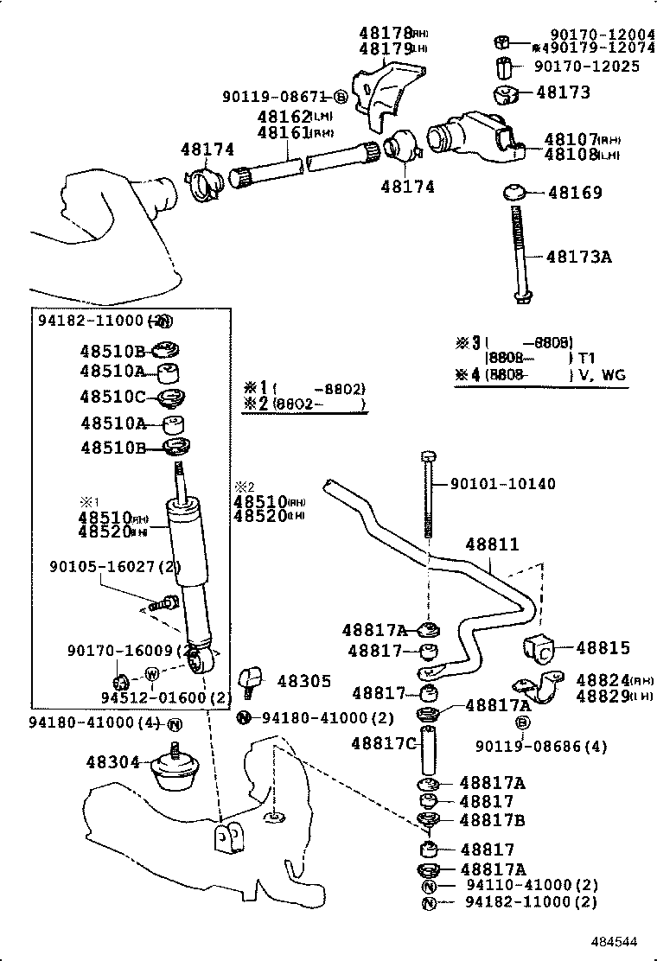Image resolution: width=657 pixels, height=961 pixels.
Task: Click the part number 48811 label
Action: [492, 544]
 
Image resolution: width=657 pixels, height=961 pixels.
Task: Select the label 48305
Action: [303, 681]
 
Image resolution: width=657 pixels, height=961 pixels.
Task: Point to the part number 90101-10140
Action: [502, 484]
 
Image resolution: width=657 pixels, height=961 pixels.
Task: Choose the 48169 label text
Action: [575, 193]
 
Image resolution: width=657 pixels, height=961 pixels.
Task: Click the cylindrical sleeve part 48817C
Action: [430, 753]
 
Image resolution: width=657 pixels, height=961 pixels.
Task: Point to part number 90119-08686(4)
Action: [541, 746]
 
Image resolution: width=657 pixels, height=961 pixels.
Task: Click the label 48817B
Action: [492, 820]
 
